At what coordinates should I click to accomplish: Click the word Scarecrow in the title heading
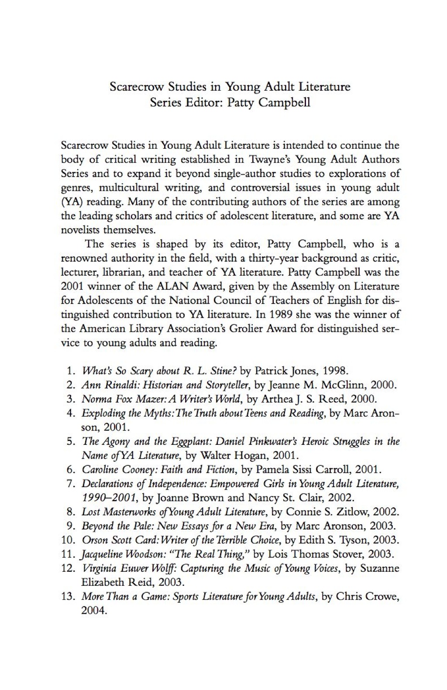tap(130, 86)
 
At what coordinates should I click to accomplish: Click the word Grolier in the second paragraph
tap(252, 328)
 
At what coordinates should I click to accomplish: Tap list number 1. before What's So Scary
tap(71, 371)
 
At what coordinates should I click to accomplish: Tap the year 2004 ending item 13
tap(93, 611)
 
